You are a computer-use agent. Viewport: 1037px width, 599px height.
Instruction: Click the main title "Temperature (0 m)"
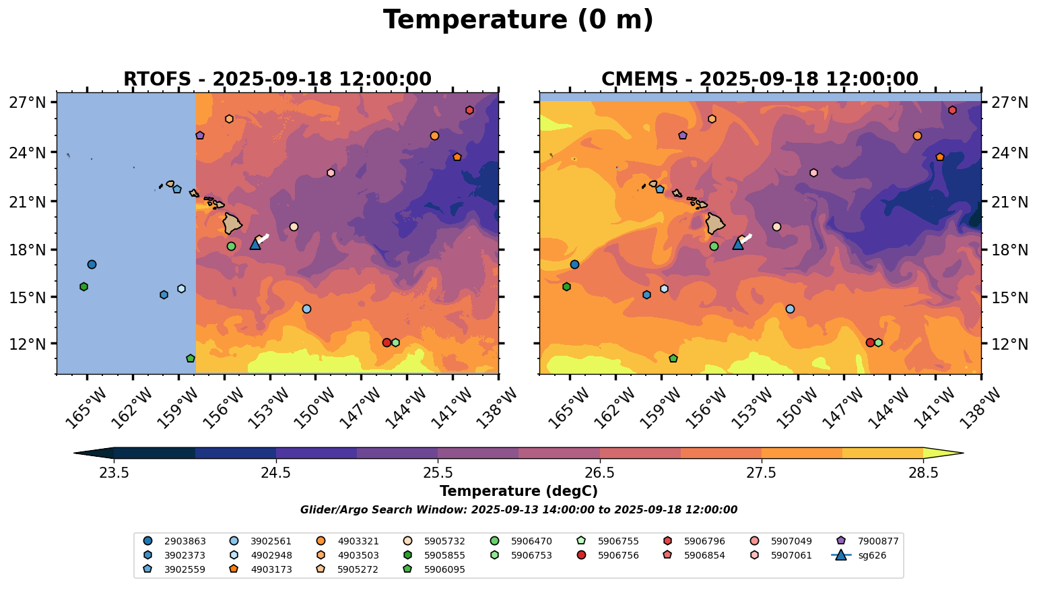518,20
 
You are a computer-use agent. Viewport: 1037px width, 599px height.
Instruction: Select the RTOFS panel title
277,80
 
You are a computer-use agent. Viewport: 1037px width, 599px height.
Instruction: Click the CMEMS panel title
759,80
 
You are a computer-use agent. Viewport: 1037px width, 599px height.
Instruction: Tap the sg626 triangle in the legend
840,556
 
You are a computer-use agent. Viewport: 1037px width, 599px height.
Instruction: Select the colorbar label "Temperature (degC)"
518,491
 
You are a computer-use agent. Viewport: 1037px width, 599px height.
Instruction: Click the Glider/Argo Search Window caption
518,510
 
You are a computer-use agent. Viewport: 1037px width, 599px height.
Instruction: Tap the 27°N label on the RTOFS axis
28,102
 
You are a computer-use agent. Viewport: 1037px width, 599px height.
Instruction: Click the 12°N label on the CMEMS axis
1009,344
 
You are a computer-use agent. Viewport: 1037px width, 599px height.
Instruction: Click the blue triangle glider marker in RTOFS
255,244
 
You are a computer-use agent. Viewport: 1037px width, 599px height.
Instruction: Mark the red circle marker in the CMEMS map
869,342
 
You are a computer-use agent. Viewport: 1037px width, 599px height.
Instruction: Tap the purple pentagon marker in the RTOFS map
200,135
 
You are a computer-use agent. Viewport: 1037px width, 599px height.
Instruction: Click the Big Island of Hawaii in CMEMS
715,223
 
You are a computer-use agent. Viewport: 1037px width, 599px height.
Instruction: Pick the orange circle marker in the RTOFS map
434,135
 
